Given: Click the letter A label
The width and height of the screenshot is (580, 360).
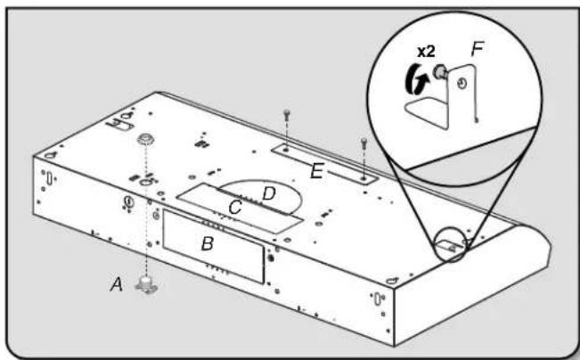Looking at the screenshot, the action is pos(117,284).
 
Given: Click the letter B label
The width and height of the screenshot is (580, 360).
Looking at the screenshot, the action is pos(208,243).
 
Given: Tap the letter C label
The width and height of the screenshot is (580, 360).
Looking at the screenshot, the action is pos(235,208).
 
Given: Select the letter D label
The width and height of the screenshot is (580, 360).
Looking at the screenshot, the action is pos(269,193).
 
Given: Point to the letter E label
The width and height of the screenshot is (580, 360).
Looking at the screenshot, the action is pos(316,171).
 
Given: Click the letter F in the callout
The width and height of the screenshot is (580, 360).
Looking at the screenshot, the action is pos(478,49).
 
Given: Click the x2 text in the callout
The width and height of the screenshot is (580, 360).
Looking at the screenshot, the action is pos(426,52).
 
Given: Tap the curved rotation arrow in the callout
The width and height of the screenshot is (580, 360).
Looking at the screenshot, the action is pos(416,78).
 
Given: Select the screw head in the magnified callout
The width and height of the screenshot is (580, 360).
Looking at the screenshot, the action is pos(440,71).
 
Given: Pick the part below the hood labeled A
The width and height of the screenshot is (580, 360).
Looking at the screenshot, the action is pos(147,285).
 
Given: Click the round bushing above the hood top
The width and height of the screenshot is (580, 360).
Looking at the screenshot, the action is pos(146,140).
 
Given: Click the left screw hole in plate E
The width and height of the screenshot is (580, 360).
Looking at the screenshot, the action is pos(286,150).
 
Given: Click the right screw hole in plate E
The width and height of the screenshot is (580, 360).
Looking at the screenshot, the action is pos(364,179).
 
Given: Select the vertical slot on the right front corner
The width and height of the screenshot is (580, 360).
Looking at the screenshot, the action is pos(377,299).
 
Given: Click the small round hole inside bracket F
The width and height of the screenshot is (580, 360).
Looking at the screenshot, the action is pos(462,85).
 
